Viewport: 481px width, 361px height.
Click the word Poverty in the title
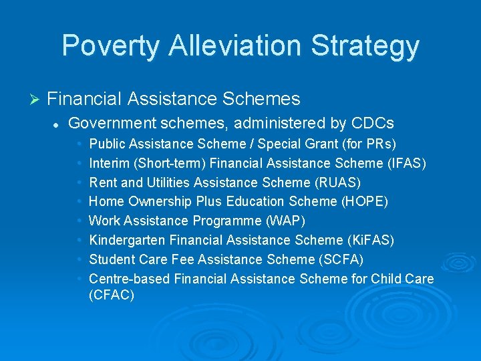tap(111, 46)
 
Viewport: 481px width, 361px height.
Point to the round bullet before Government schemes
tap(58, 124)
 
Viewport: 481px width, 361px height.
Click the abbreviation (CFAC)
tap(112, 294)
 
